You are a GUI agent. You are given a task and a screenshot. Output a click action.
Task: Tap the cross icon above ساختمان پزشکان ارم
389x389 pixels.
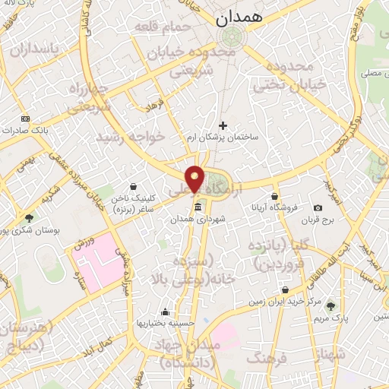coord(223,125)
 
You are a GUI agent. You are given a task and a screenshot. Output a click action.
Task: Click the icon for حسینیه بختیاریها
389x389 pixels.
coord(166,312)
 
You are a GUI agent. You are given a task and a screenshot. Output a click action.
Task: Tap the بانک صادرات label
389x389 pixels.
coord(49,130)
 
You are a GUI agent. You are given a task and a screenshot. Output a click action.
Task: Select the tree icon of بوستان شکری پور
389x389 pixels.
coord(29,218)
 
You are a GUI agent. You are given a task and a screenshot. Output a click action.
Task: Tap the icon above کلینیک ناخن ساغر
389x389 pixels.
coord(134,186)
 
